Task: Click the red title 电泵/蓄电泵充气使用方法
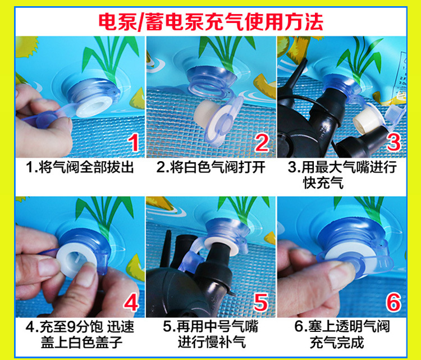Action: [x=210, y=22]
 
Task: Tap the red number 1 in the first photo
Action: [x=134, y=143]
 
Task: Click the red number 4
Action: [x=131, y=302]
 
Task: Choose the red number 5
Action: [x=260, y=302]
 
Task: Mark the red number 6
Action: [x=393, y=302]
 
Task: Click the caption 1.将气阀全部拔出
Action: [x=80, y=167]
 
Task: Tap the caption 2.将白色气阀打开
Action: [x=210, y=167]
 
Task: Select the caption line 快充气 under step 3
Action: [x=323, y=183]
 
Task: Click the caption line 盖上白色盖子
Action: [x=81, y=343]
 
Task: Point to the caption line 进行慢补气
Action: [x=212, y=343]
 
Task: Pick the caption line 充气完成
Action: [x=337, y=343]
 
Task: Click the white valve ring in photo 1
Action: [x=94, y=106]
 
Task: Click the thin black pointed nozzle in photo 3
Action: [x=298, y=72]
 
